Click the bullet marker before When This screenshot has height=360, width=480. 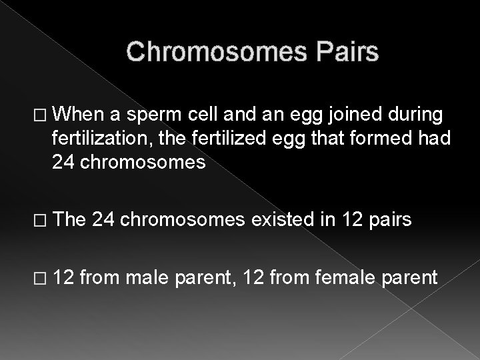41,116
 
